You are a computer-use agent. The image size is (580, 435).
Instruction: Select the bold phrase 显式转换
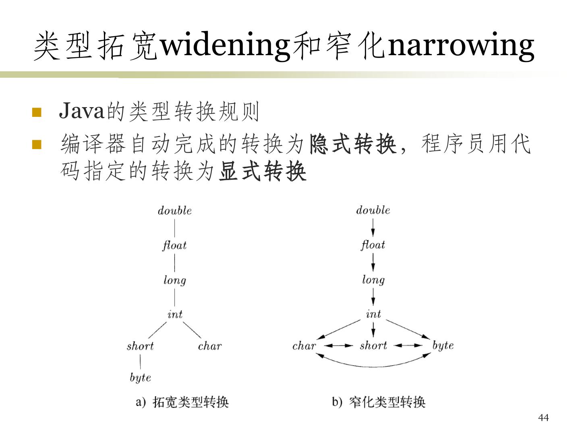263,172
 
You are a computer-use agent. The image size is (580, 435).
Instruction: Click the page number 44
543,418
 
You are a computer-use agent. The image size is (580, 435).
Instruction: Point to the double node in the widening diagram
174,211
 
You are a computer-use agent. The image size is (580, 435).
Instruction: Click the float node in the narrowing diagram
373,245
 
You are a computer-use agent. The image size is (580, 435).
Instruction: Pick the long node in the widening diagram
174,280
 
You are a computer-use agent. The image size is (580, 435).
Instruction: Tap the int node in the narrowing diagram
373,314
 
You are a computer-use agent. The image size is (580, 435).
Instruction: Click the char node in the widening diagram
209,346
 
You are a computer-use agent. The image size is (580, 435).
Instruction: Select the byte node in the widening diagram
140,378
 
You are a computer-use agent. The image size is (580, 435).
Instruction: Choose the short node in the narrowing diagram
373,346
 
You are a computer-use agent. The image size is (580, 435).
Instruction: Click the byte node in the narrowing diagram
443,346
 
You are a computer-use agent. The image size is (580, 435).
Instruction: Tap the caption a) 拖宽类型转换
182,402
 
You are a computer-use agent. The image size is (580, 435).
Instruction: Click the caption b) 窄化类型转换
379,402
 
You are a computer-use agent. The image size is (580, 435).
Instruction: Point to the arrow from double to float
373,228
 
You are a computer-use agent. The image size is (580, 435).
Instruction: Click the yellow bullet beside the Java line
37,112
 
